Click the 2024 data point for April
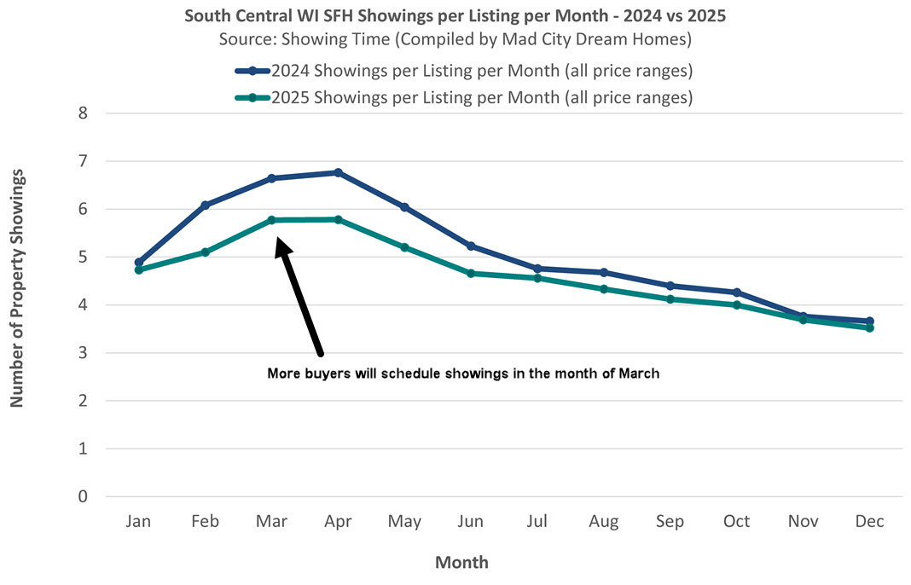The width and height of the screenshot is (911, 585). (x=339, y=172)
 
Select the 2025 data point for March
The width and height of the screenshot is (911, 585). (x=272, y=220)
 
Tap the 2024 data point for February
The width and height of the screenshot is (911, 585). (x=205, y=205)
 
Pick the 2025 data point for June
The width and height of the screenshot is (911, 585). (x=471, y=273)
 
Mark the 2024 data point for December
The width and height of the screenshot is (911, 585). (x=869, y=321)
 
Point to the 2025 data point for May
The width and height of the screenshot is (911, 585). (x=404, y=247)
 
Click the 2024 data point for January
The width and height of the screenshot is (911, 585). (x=139, y=262)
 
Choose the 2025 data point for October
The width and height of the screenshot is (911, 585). (x=737, y=304)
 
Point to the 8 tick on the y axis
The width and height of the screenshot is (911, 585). (x=84, y=113)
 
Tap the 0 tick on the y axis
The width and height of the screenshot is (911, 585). (x=84, y=496)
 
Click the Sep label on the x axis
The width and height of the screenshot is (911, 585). (x=670, y=522)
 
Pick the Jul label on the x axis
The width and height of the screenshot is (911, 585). (x=537, y=522)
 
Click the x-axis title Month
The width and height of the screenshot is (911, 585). (x=461, y=562)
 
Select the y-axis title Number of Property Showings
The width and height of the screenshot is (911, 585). (x=17, y=287)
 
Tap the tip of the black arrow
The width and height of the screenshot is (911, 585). (x=277, y=240)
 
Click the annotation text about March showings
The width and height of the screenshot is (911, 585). (x=463, y=374)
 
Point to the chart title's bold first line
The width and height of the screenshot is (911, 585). (x=455, y=16)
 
